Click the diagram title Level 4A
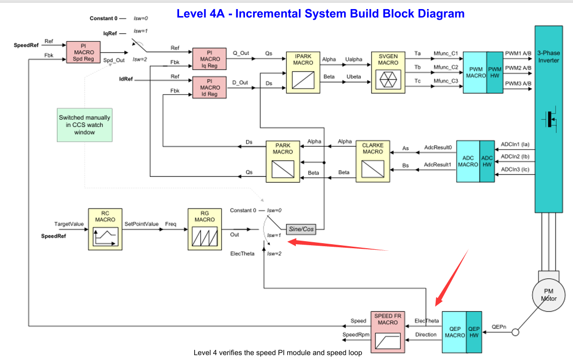pos(320,14)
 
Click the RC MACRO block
pos(105,229)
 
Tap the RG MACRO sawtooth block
pos(204,229)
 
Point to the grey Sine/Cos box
pos(301,230)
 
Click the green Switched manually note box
pos(85,125)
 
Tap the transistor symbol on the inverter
pos(551,119)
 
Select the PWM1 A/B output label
pos(518,53)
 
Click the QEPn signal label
pos(499,326)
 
